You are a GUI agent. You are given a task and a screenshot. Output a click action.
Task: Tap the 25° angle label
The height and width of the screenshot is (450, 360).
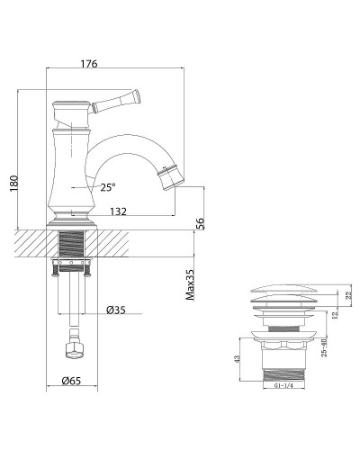[108, 187]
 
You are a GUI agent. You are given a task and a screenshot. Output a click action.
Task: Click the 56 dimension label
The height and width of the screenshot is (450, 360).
[200, 224]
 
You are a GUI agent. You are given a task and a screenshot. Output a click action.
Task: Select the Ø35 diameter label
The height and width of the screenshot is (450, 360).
[114, 310]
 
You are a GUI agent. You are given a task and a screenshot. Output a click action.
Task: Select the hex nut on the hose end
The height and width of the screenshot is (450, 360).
[72, 346]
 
